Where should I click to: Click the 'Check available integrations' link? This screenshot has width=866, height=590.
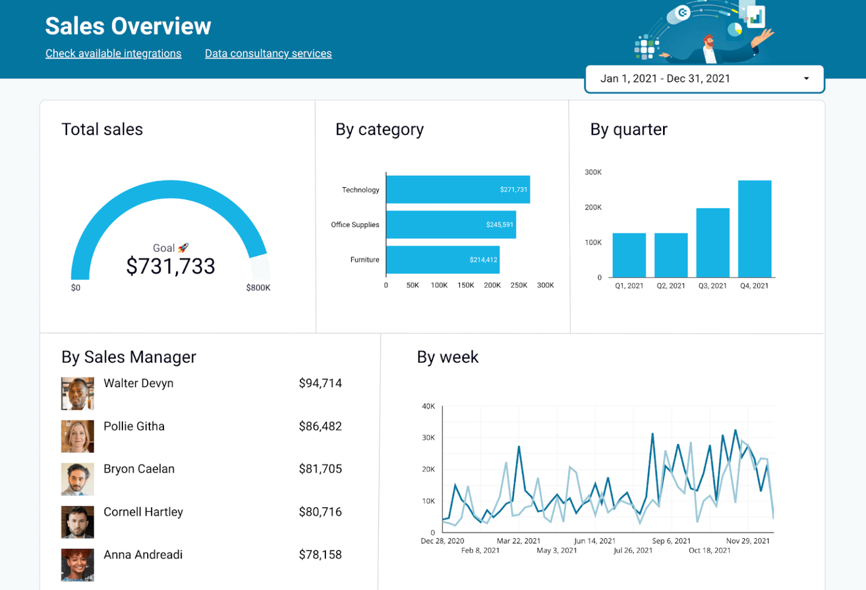coord(113,54)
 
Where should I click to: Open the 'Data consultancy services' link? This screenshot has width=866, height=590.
coord(268,54)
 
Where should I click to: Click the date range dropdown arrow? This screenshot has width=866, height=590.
coord(806,79)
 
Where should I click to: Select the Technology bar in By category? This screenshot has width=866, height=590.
coord(457,189)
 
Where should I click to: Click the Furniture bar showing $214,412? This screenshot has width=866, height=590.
coord(443,260)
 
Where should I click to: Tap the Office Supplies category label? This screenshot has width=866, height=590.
coord(355,225)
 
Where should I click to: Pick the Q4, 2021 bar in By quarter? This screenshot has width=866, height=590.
coord(754,229)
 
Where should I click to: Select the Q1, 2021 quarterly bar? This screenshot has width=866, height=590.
coord(629,255)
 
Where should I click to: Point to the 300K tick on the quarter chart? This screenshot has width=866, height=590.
coord(593,172)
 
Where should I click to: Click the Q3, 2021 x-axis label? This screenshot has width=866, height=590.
coord(712,286)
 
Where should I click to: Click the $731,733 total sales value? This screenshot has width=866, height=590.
coord(170,266)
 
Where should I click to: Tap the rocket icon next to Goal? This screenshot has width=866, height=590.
coord(183,248)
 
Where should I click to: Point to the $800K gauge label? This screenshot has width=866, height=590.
coord(258,288)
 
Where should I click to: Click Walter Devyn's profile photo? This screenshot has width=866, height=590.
coord(77,393)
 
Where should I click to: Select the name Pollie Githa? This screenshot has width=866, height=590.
coord(134,427)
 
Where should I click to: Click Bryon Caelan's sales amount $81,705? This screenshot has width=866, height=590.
coord(320,469)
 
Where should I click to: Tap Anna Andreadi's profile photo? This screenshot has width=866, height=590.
coord(77,565)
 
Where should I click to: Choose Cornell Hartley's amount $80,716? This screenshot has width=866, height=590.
coord(320,512)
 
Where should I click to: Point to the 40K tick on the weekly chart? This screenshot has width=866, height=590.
coord(428,406)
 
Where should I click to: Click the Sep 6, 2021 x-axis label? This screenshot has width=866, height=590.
coord(671,541)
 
